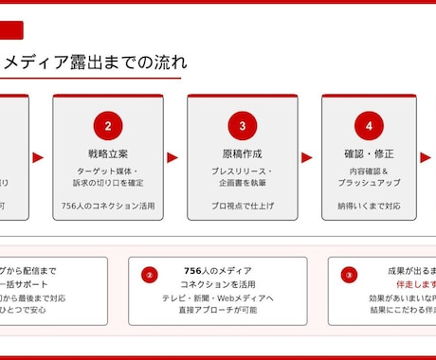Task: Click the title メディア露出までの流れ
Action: pyautogui.click(x=95, y=63)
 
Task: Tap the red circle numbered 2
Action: pyautogui.click(x=108, y=125)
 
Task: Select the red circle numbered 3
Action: pyautogui.click(x=243, y=125)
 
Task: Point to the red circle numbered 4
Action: pyautogui.click(x=369, y=125)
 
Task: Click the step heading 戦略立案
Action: pyautogui.click(x=108, y=153)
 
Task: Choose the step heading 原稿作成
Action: pyautogui.click(x=243, y=153)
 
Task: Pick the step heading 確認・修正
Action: pyautogui.click(x=369, y=153)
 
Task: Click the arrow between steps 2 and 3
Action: pyautogui.click(x=173, y=158)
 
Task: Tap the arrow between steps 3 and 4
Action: pyautogui.click(x=307, y=158)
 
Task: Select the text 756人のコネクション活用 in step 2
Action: pyautogui.click(x=108, y=205)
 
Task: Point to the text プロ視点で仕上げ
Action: pyautogui.click(x=243, y=205)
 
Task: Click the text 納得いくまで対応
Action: pyautogui.click(x=369, y=205)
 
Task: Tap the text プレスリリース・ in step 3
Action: pyautogui.click(x=243, y=171)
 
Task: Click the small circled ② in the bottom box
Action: pyautogui.click(x=149, y=276)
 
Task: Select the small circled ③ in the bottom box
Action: pyautogui.click(x=349, y=276)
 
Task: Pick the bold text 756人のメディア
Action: pyautogui.click(x=218, y=271)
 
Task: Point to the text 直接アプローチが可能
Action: pyautogui.click(x=218, y=310)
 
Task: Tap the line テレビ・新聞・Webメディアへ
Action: pyautogui.click(x=218, y=297)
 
